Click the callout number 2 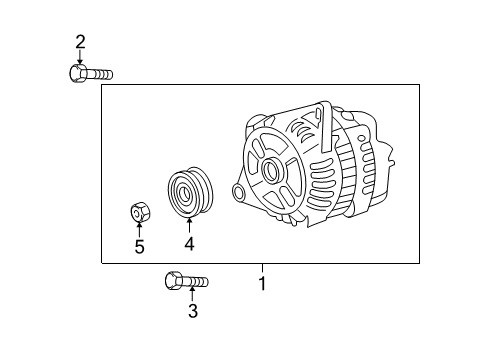coord(80,42)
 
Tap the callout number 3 coord(193,311)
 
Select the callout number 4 coord(189,244)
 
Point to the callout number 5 coord(140,247)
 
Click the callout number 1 coord(263,284)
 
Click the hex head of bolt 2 coord(77,73)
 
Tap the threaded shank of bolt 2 coord(99,74)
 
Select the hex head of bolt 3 coord(173,281)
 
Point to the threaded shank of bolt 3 coord(195,282)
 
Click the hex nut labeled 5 coord(140,212)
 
